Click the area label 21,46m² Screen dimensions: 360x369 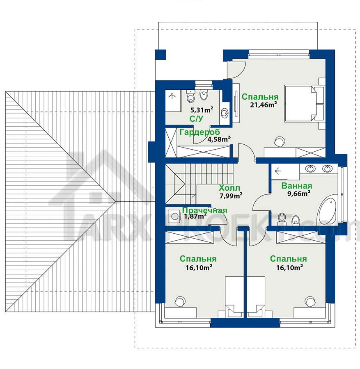coord(263,105)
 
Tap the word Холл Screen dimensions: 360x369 coord(229,188)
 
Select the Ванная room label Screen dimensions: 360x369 coord(297,186)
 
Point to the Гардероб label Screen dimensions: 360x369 coord(199,132)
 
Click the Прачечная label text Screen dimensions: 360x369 coord(205,210)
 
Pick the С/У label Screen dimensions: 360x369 coord(196,119)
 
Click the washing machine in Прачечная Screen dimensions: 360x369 coord(174,216)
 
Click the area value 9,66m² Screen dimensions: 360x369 coord(298,194)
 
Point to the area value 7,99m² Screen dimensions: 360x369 coord(231,196)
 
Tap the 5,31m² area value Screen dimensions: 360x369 coord(202,110)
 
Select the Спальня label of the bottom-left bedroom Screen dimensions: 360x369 coord(198,259)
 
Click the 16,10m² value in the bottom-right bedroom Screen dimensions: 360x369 coord(289,268)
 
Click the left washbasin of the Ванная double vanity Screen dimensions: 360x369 coord(310,169)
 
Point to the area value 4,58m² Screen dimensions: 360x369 coord(219,139)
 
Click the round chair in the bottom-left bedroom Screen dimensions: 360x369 coord(180,301)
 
